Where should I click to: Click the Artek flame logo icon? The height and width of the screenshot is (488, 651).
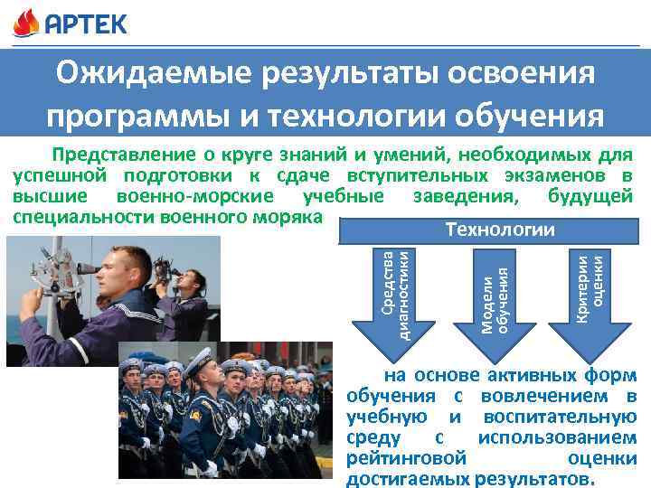(x=26, y=22)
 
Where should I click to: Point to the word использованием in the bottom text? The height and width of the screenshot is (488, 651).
(x=557, y=437)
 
